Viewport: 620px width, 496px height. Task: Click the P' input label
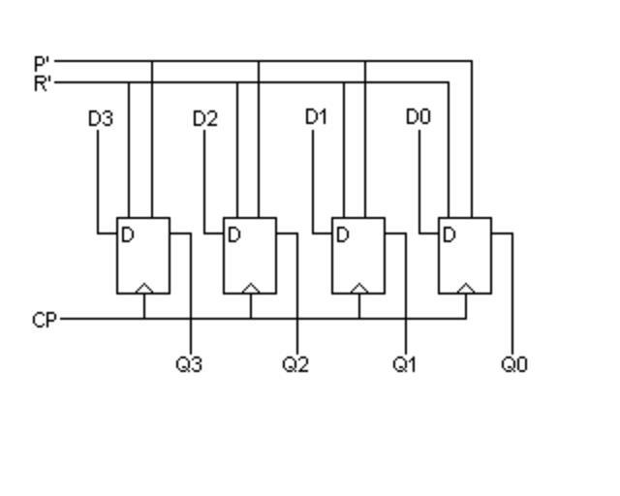(x=42, y=64)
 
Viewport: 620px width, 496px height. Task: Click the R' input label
(x=42, y=82)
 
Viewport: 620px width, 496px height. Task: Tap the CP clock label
(x=45, y=319)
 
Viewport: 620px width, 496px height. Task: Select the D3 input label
(x=100, y=118)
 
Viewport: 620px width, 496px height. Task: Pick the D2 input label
(x=205, y=118)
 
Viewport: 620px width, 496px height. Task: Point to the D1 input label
(x=317, y=117)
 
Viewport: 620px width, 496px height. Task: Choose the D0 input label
(x=418, y=117)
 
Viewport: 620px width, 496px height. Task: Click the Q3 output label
(x=189, y=364)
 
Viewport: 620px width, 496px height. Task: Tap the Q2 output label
(x=295, y=364)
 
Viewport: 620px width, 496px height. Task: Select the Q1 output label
(x=404, y=364)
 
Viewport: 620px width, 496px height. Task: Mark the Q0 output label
(x=514, y=364)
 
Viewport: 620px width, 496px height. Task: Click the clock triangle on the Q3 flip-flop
(x=143, y=288)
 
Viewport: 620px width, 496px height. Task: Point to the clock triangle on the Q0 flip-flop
(x=465, y=288)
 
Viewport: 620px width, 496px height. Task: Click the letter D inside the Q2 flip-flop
(x=233, y=234)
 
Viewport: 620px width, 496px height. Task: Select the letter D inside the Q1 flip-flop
(x=342, y=234)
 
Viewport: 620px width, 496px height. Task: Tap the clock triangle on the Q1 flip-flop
(x=358, y=288)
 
